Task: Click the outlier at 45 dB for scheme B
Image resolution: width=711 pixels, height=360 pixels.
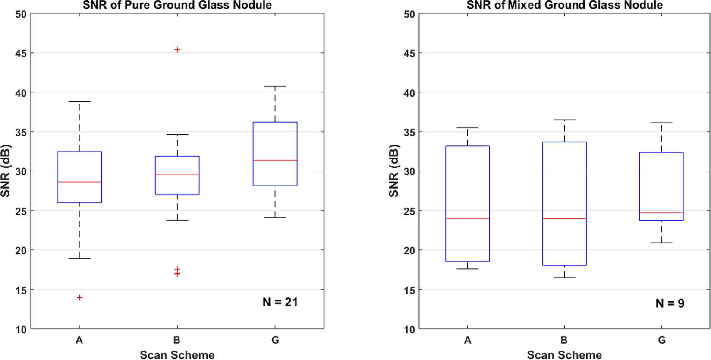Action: (177, 50)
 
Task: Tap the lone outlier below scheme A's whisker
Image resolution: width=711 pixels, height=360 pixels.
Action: (79, 297)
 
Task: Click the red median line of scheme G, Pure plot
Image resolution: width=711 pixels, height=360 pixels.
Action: (275, 160)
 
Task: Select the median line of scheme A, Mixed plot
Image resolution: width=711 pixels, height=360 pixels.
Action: (468, 218)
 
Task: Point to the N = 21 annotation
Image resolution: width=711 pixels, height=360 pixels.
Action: (280, 302)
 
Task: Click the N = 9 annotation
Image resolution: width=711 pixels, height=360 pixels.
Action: (670, 303)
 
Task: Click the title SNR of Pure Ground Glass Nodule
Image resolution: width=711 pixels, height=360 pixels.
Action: (177, 5)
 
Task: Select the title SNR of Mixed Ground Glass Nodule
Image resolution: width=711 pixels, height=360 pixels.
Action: (564, 5)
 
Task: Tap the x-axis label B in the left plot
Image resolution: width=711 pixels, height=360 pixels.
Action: (177, 340)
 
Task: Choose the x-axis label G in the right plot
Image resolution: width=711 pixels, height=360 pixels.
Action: (662, 340)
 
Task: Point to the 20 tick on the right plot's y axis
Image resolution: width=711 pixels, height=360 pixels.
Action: (409, 250)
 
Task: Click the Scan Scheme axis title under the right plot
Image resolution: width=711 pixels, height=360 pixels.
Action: (564, 355)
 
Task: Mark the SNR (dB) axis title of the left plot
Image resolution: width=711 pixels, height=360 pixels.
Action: (6, 171)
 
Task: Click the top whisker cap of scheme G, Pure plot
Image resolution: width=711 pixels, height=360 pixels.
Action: (275, 86)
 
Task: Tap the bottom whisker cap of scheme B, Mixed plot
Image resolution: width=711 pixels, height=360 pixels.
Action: (564, 277)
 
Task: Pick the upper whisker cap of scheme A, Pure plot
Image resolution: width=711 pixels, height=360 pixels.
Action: (79, 101)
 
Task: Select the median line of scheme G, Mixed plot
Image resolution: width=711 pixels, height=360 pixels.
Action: (661, 212)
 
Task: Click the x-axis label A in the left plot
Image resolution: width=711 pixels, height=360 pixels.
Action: (79, 340)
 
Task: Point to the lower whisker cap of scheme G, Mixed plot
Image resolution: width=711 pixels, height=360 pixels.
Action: (661, 243)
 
